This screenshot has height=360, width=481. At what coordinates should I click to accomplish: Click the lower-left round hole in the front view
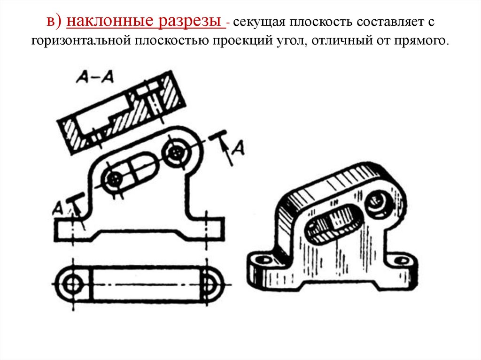tap(114, 179)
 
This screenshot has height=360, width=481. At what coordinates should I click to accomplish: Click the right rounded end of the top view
tap(210, 284)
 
